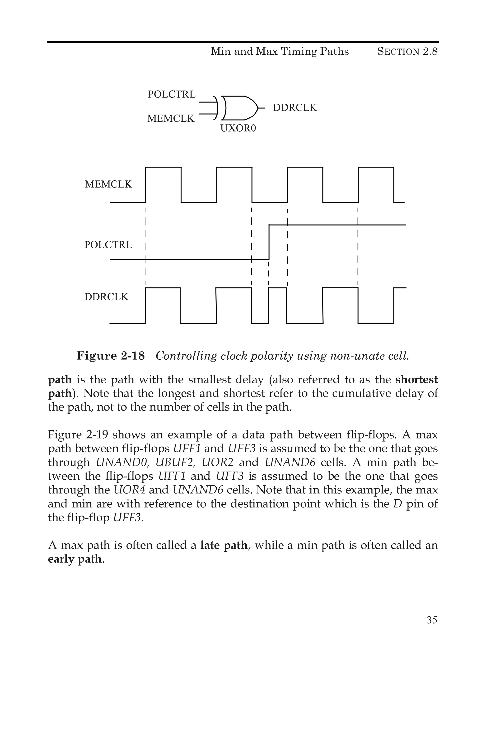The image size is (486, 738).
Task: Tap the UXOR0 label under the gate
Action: (x=238, y=128)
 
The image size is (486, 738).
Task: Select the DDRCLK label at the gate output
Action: (x=295, y=108)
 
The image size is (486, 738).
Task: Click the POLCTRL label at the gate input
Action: (x=171, y=94)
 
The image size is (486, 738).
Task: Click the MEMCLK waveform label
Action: (x=108, y=184)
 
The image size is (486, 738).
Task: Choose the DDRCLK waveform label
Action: (x=106, y=297)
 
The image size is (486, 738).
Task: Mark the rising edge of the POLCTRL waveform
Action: (x=269, y=242)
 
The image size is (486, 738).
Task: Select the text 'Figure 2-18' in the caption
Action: (x=110, y=356)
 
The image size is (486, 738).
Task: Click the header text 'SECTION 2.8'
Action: (x=407, y=52)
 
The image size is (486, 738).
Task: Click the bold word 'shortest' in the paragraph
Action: (x=416, y=380)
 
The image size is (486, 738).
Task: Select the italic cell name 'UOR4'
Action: (x=130, y=490)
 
